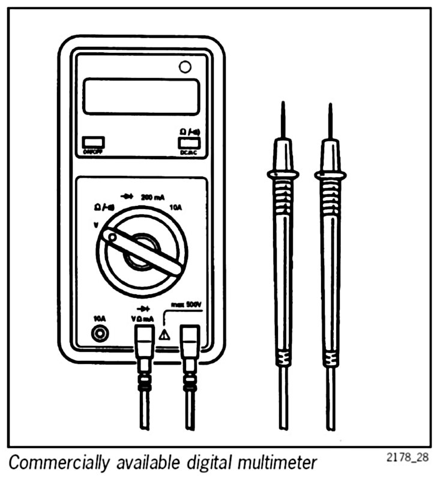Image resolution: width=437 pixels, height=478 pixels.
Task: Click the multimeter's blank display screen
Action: click(x=140, y=96)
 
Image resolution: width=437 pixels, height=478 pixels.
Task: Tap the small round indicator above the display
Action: click(x=185, y=67)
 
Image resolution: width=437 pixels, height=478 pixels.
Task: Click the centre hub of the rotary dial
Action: click(x=142, y=252)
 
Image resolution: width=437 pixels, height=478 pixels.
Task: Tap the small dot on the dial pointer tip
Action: click(x=111, y=238)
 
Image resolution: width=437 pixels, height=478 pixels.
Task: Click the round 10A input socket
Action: click(x=99, y=333)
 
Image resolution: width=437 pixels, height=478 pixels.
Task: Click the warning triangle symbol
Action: click(x=164, y=334)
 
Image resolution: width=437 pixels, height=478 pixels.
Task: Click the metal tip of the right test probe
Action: click(x=330, y=120)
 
